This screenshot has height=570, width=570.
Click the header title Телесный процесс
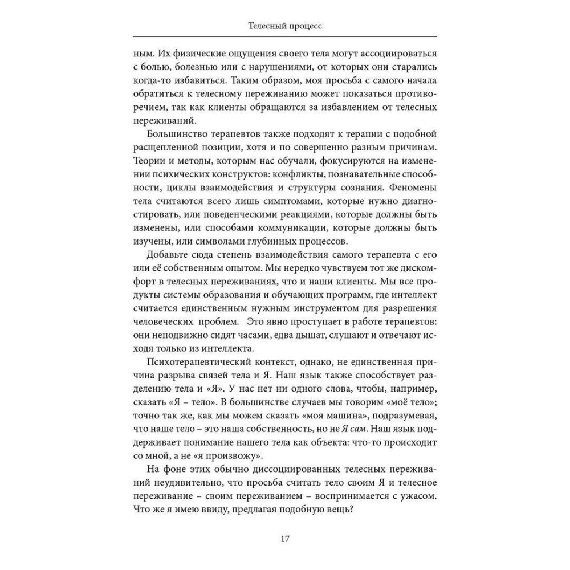click(x=284, y=26)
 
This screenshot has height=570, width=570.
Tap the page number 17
click(x=285, y=539)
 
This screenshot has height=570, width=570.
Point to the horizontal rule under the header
click(x=285, y=37)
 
